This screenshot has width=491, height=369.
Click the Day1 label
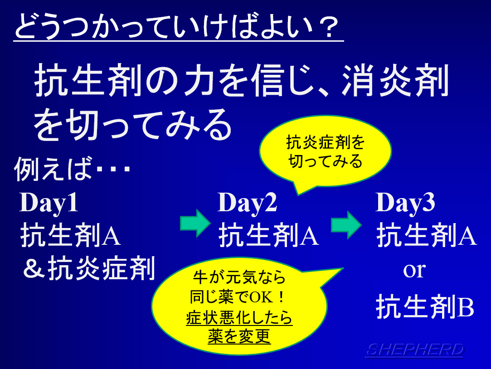[x=49, y=203]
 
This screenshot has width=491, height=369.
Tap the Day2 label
[x=248, y=203]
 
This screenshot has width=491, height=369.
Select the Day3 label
[x=405, y=203]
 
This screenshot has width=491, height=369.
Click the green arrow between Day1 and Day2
[x=195, y=223]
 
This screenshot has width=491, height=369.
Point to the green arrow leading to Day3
[x=347, y=225]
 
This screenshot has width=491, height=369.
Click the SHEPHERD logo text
[x=414, y=350]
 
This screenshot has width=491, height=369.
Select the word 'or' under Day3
[x=414, y=270]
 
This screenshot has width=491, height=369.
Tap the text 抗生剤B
[x=425, y=306]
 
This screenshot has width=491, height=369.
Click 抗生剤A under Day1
[x=70, y=235]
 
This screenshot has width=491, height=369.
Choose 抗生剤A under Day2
[x=269, y=235]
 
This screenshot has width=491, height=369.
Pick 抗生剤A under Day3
[x=427, y=235]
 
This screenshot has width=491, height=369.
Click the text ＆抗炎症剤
[x=89, y=268]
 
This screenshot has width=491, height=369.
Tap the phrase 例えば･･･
[x=72, y=169]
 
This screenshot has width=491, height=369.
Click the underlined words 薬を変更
[x=239, y=336]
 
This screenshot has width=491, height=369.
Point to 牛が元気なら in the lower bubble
[x=239, y=277]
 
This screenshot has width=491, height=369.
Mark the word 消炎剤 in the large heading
[x=395, y=80]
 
